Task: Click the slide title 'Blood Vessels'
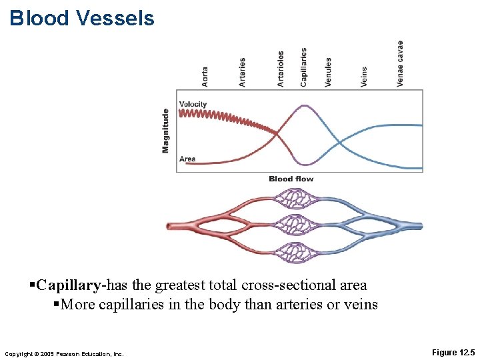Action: (82, 18)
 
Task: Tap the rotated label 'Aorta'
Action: (205, 76)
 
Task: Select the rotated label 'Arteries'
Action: (242, 72)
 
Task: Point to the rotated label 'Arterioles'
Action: (281, 69)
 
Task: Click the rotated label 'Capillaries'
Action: (304, 67)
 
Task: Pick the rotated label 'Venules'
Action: (328, 72)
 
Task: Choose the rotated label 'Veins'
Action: (364, 76)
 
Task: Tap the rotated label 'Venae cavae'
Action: (400, 64)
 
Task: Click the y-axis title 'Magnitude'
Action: (165, 131)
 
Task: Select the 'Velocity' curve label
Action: (193, 104)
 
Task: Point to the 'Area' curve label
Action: (187, 159)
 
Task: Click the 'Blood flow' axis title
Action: (291, 179)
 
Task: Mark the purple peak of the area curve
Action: (304, 105)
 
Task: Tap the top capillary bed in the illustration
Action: (294, 199)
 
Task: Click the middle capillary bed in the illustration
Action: (294, 225)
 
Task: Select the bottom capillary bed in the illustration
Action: (294, 252)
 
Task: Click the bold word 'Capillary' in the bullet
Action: (69, 285)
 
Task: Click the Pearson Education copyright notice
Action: (64, 353)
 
